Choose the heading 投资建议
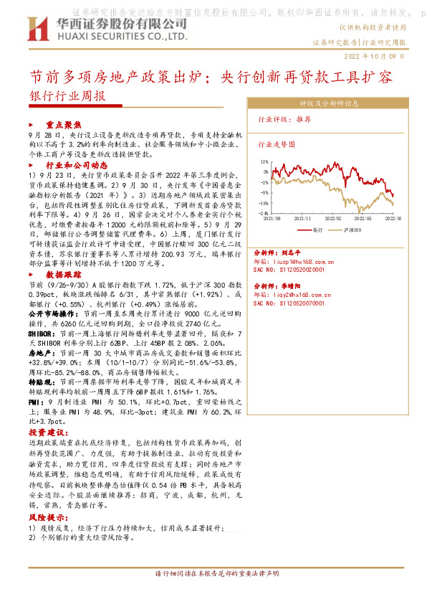47,433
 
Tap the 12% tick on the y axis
265,162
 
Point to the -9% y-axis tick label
265,192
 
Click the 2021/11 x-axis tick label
306,217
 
